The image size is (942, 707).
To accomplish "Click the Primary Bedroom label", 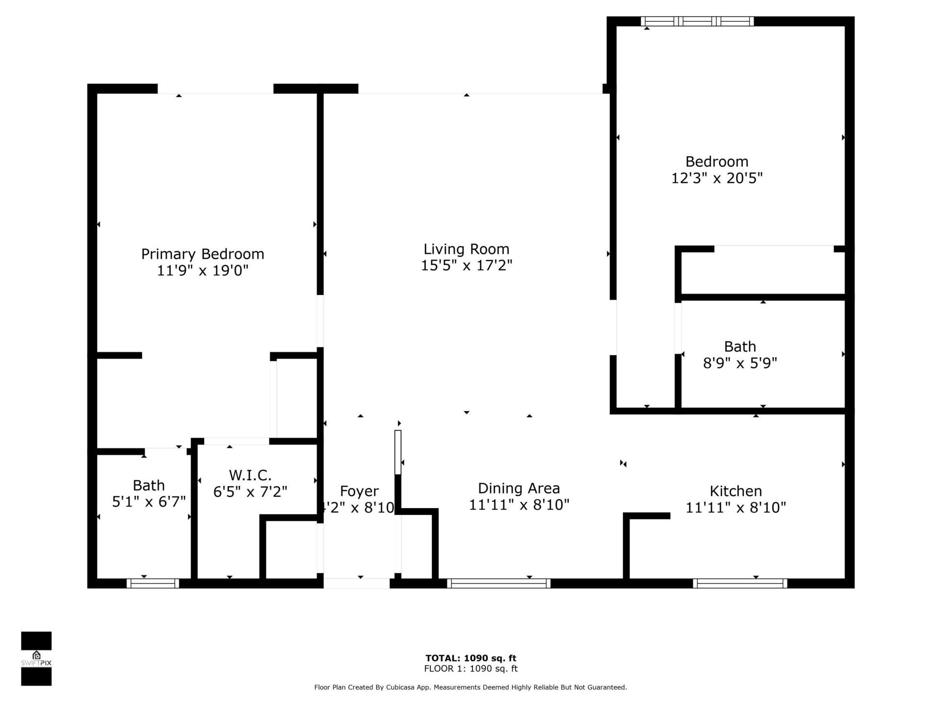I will pos(203,254).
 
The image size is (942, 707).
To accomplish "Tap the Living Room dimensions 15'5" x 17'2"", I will pos(466,266).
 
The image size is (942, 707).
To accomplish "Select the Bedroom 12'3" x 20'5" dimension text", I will pos(716,178).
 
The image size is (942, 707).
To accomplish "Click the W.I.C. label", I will pos(250,475).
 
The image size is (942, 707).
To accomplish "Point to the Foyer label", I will pos(359,491).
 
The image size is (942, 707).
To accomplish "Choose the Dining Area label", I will pos(519,488).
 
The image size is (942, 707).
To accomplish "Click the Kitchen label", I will pos(735,491).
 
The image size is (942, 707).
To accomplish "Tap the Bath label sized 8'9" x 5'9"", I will pos(740,347).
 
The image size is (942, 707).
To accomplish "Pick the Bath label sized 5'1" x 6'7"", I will pos(149,485).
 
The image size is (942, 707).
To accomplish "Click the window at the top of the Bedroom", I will pos(697,21).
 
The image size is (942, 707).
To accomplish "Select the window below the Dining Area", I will pos(498,583).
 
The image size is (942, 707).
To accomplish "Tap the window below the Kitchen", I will pos(740,583).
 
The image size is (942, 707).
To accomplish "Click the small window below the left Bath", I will pos(153,583).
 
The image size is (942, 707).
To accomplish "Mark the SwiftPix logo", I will pos(36,658).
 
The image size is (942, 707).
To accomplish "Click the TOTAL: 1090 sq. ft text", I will pos(471,658).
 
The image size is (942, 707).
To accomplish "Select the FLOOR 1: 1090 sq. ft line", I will pos(471,669).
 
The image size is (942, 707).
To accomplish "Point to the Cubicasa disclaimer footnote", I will pos(471,687).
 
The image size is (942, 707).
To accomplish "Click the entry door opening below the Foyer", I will pos(357,583).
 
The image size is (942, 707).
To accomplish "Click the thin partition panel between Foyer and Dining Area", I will pos(398,452).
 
